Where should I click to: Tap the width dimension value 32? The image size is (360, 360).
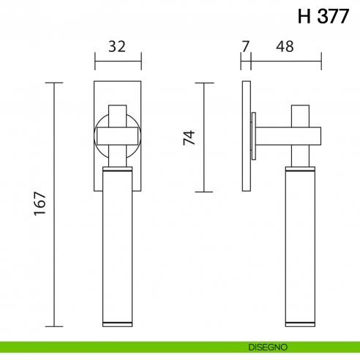[117, 47]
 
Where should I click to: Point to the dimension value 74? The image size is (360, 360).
[189, 138]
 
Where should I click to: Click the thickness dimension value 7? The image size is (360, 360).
[245, 47]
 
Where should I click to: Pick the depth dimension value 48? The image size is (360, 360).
[285, 47]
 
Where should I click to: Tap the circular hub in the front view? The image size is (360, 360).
[117, 135]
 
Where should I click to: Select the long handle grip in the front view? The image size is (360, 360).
[117, 249]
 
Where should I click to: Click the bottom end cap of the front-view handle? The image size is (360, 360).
[117, 323]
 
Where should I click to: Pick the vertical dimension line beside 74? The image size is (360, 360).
[203, 138]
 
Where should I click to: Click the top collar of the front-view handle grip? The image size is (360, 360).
[117, 172]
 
